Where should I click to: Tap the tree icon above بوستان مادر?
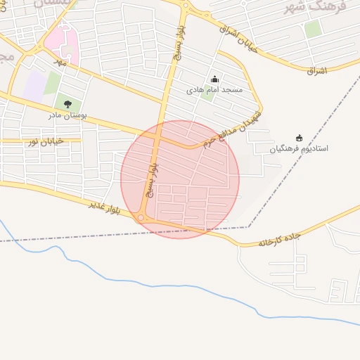pyautogui.click(x=67, y=105)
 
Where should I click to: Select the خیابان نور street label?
pyautogui.click(x=45, y=141)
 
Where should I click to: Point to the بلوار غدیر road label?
pyautogui.click(x=105, y=207)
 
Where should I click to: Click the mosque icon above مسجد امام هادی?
pyautogui.click(x=214, y=80)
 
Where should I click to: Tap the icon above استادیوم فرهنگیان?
pyautogui.click(x=299, y=139)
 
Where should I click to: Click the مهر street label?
pyautogui.click(x=61, y=63)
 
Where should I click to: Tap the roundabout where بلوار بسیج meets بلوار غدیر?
pyautogui.click(x=141, y=219)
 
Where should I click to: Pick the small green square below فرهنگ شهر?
pyautogui.click(x=313, y=29)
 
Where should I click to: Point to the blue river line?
pyautogui.click(x=141, y=283)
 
